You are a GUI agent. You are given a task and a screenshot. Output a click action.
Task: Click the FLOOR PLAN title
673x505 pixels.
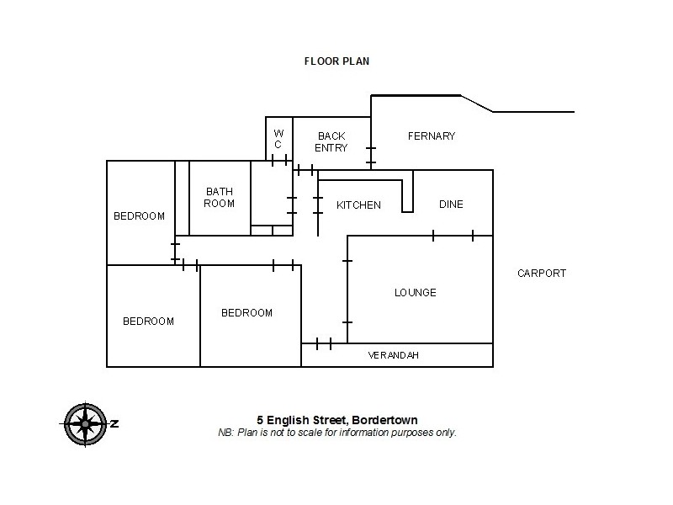pyautogui.click(x=336, y=61)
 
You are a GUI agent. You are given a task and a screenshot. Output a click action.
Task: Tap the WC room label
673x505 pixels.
pyautogui.click(x=278, y=139)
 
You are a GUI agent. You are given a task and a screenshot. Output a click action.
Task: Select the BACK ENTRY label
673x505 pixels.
pyautogui.click(x=331, y=141)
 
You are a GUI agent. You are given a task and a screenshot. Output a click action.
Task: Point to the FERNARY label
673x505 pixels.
pyautogui.click(x=431, y=136)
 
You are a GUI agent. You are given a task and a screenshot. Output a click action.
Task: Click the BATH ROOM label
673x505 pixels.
pyautogui.click(x=220, y=198)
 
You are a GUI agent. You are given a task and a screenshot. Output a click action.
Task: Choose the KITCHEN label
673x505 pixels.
pyautogui.click(x=358, y=205)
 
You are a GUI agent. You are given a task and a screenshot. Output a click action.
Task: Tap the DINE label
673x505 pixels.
pyautogui.click(x=451, y=205)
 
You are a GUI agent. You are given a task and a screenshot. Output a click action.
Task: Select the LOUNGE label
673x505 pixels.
pyautogui.click(x=416, y=293)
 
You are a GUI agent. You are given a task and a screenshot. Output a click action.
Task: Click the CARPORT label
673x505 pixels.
pyautogui.click(x=542, y=274)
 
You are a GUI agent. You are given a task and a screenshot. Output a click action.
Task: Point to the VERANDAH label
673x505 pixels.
pyautogui.click(x=393, y=356)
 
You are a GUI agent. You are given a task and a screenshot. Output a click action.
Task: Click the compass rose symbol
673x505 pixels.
pyautogui.click(x=82, y=423)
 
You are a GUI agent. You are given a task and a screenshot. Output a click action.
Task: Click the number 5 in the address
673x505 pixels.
pyautogui.click(x=260, y=420)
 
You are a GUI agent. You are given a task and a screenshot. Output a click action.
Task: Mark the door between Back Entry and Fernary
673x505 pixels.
pyautogui.click(x=371, y=156)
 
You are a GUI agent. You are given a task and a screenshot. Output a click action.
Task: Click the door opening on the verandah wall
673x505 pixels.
pyautogui.click(x=324, y=343)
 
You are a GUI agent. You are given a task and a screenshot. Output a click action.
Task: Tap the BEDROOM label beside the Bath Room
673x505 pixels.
pyautogui.click(x=139, y=216)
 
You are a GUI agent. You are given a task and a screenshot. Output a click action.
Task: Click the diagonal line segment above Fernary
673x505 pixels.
pyautogui.click(x=476, y=103)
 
